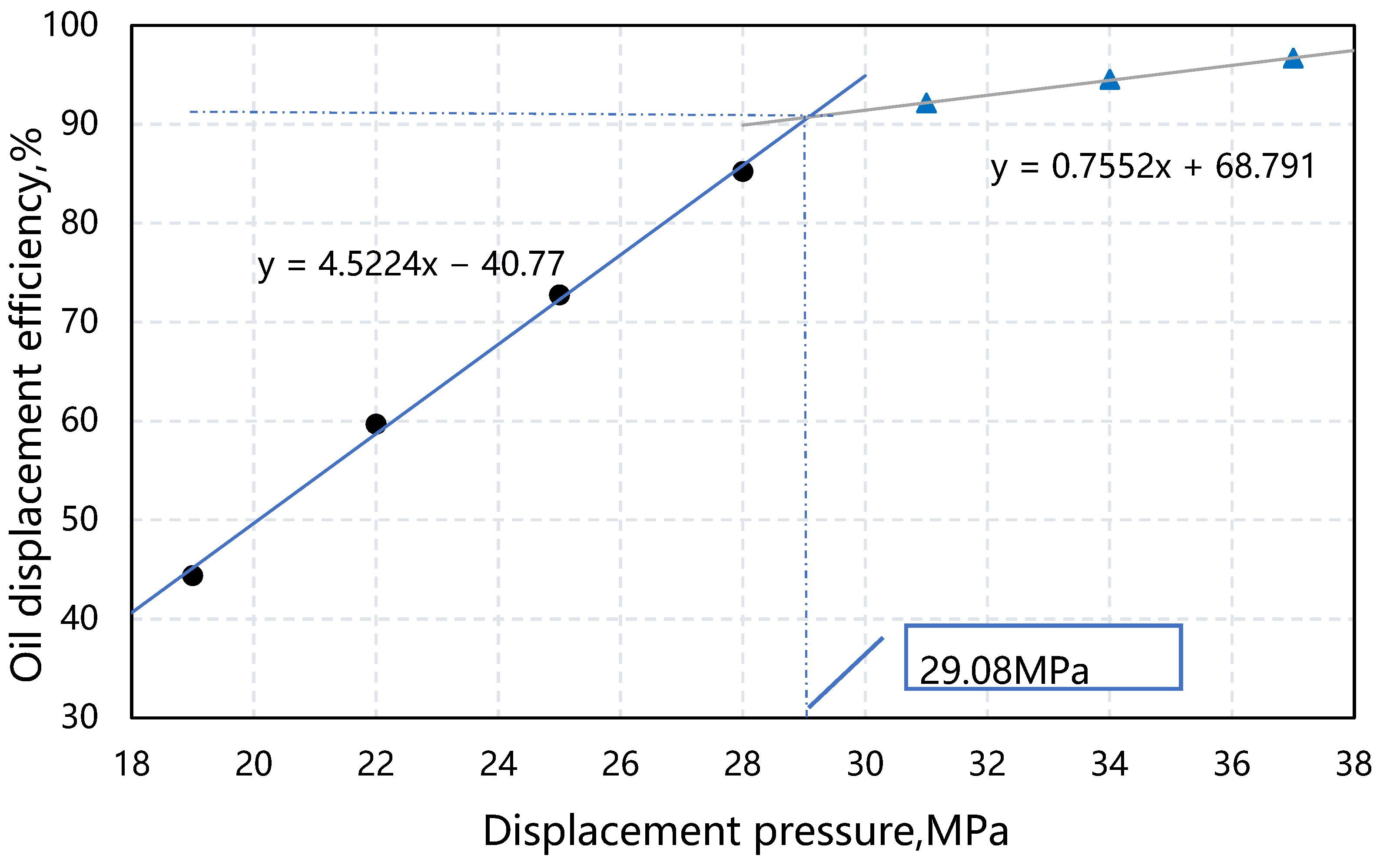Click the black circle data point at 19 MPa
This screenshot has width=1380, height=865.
(x=192, y=575)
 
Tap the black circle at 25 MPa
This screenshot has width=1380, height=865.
(x=559, y=295)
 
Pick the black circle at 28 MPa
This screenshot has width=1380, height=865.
(x=743, y=171)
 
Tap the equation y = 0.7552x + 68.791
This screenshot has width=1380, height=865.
(x=1152, y=167)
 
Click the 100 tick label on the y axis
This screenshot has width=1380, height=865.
(x=70, y=25)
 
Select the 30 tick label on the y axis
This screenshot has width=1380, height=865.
(x=79, y=717)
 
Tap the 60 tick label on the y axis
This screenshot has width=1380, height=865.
(x=79, y=421)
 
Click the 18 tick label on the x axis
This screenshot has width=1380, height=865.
(x=132, y=764)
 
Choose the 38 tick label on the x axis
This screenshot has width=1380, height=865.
(x=1353, y=764)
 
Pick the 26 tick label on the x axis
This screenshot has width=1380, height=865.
(x=620, y=764)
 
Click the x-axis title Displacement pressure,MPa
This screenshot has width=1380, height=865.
(x=746, y=831)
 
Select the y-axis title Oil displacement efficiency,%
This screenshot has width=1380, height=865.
(x=27, y=405)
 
